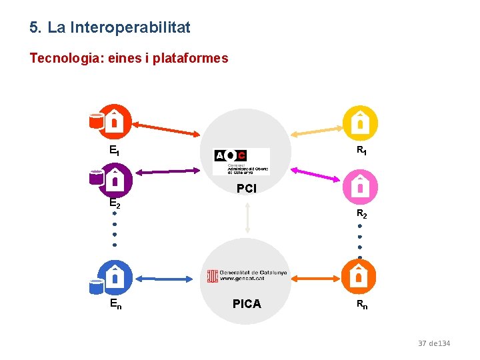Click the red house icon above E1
(x=115, y=121)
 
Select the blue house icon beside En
(x=115, y=276)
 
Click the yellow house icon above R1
(x=360, y=123)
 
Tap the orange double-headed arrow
(x=315, y=278)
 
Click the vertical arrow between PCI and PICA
(x=247, y=217)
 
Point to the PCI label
(x=247, y=189)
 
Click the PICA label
(x=247, y=304)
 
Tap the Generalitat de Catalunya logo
(x=247, y=275)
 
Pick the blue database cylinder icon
(x=97, y=286)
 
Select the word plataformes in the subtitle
(x=190, y=58)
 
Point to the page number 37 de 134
(x=434, y=343)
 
